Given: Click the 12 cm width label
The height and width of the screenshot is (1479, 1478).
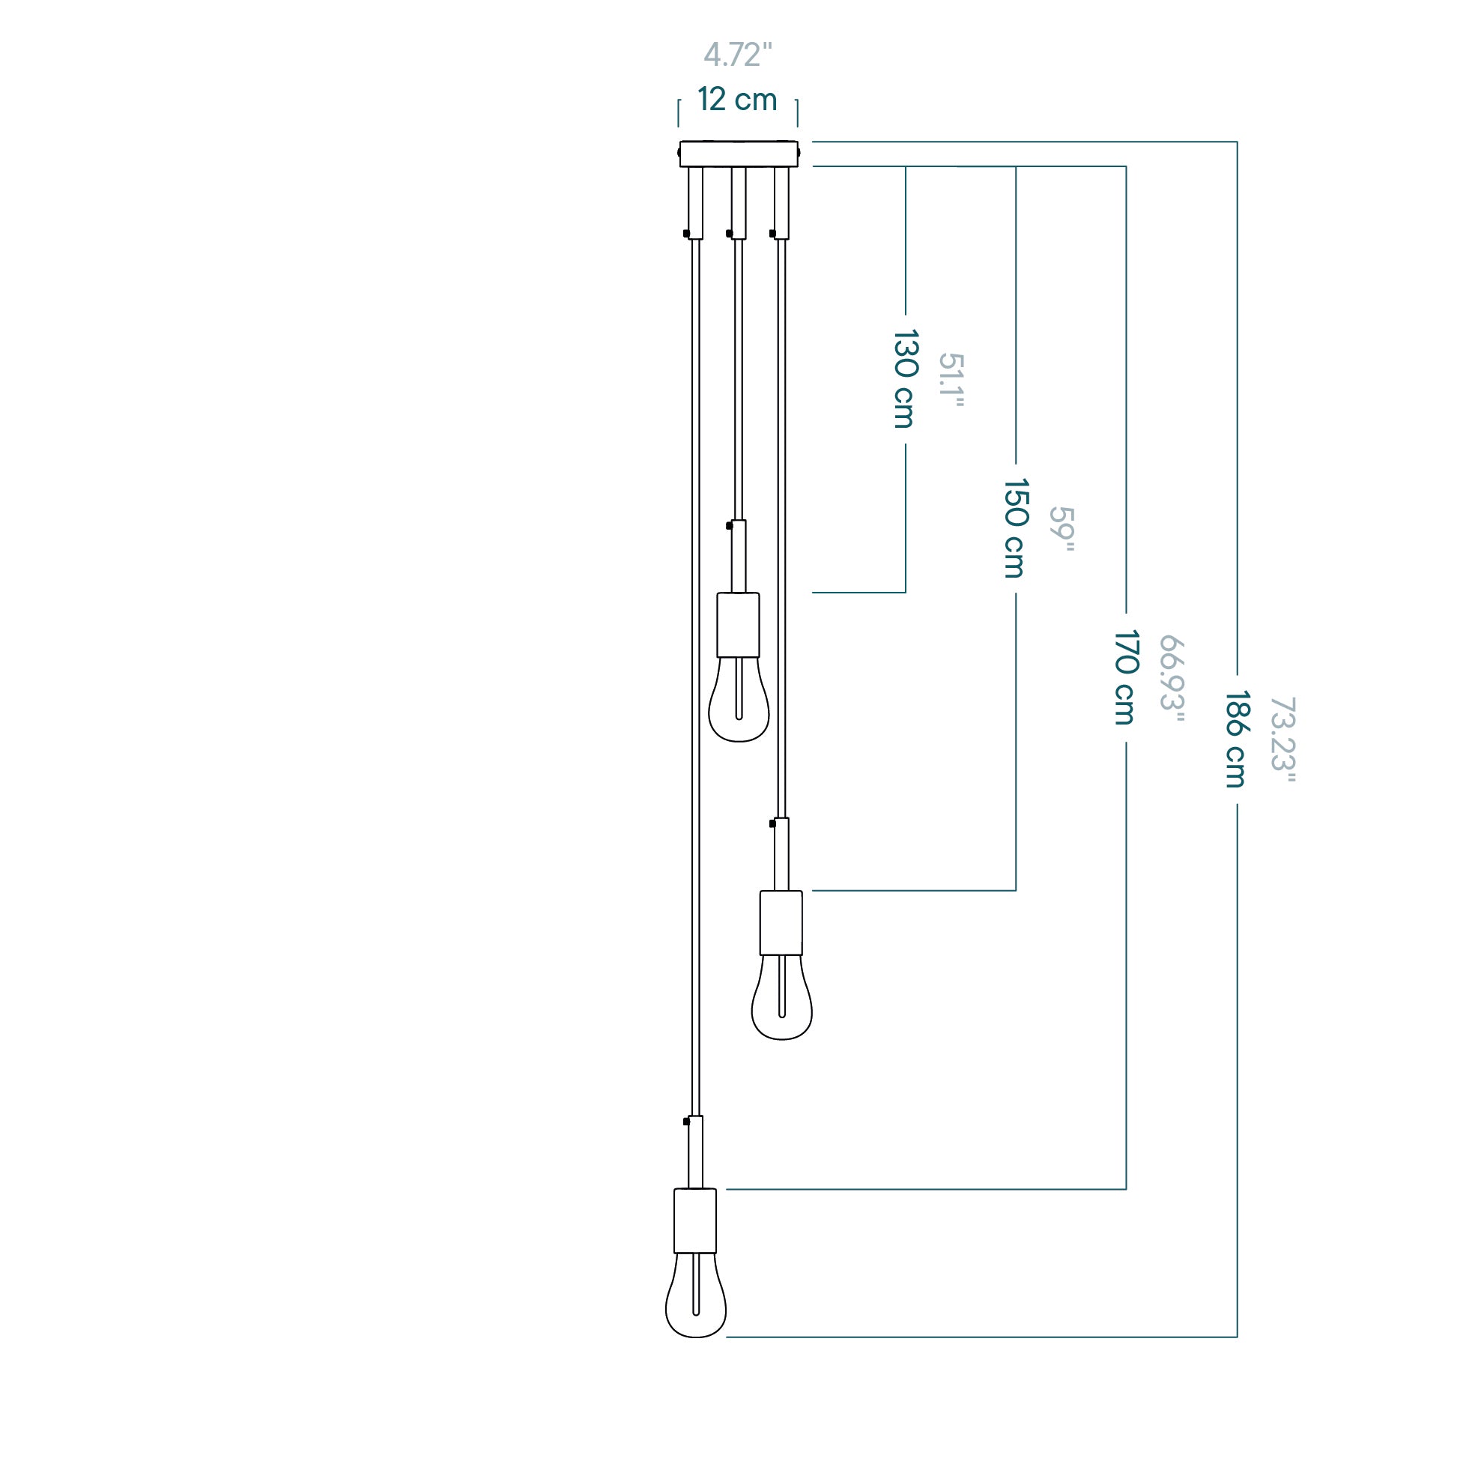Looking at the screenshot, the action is coord(737,100).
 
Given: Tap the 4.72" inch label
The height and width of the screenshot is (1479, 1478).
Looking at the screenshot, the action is coord(738,55).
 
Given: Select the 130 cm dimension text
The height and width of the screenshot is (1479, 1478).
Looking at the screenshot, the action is coord(906,379).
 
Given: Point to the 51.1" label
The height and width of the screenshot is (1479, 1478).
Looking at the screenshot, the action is coord(951,380).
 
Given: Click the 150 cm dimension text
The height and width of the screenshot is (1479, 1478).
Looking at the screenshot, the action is coord(1016,528).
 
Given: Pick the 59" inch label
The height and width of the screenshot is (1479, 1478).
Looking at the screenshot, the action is coord(1061,529).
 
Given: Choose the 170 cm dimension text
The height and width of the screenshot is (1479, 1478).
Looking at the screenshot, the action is coord(1125,677).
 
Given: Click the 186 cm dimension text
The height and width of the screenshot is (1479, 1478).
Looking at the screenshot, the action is coord(1236,739).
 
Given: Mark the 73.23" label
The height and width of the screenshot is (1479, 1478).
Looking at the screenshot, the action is coord(1282,739).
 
